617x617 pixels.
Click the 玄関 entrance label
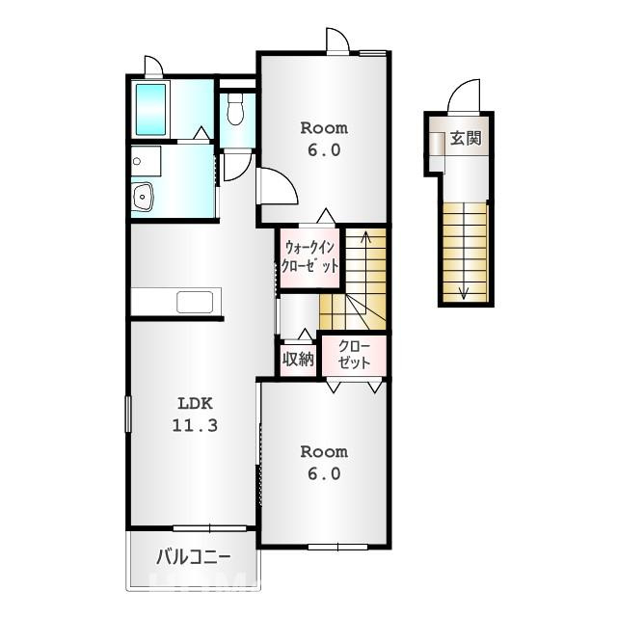click(466, 138)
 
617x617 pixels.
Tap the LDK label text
click(195, 403)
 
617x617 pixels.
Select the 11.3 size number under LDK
click(195, 425)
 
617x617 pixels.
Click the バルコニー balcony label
click(193, 557)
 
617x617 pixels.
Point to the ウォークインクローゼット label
click(309, 256)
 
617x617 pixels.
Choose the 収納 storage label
click(298, 359)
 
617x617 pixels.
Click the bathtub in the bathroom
click(150, 109)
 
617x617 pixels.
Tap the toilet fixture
click(235, 109)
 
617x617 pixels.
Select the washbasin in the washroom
click(143, 196)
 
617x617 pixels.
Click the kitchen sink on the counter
click(195, 302)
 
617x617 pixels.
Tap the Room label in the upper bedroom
click(324, 128)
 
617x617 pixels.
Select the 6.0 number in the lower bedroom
click(324, 473)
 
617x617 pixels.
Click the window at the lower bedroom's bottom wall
click(338, 547)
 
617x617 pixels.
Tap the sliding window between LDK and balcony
click(210, 528)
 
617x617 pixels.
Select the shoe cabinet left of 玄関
click(437, 145)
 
